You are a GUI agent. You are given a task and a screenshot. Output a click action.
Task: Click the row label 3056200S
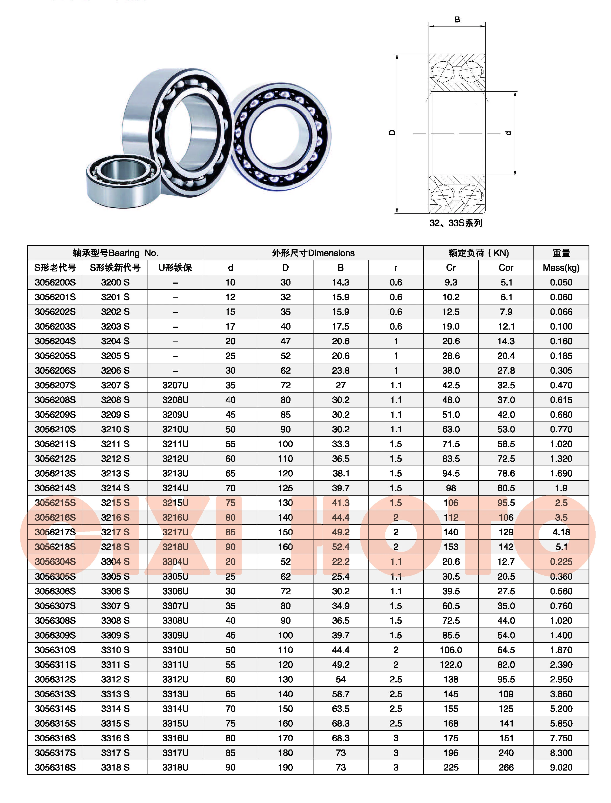coord(55,282)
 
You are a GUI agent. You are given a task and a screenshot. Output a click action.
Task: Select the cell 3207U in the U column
coord(175,385)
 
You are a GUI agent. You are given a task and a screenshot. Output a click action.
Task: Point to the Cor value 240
coord(506,753)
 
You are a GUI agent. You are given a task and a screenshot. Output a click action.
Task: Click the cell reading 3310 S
coord(115,650)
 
